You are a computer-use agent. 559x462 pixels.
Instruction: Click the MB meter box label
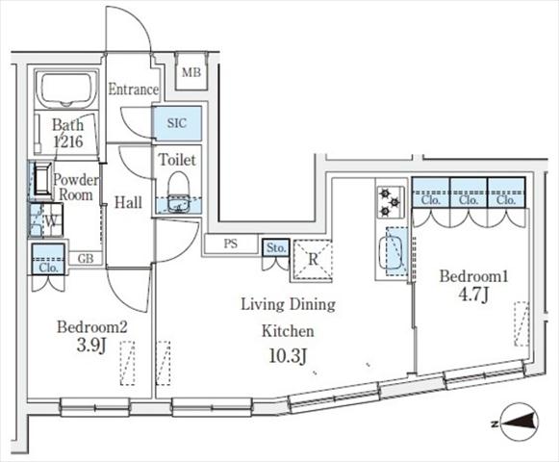tap(191, 73)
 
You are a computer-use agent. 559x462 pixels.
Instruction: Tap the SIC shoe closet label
tap(177, 123)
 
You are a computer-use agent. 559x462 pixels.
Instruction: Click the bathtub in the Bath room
tap(66, 89)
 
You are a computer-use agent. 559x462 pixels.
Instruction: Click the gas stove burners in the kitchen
tap(391, 203)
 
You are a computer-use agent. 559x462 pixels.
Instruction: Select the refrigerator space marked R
tap(313, 259)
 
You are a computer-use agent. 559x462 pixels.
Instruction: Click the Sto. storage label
tap(276, 247)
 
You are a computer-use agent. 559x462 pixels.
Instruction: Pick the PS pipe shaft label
tap(231, 244)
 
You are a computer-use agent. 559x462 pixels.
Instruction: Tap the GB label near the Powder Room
tap(86, 258)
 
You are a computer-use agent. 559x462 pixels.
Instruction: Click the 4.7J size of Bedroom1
tap(473, 295)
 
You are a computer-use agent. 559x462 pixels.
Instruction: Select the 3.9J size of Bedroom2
tap(91, 346)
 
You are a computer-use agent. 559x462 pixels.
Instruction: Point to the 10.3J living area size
tap(288, 356)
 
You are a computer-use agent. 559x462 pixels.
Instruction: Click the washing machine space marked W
tap(51, 221)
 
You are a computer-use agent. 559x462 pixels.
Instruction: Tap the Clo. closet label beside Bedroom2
tap(48, 268)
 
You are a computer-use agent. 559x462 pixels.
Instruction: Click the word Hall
tap(128, 203)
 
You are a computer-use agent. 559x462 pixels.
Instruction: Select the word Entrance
tap(134, 90)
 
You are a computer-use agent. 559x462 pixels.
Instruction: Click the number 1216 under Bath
tap(68, 141)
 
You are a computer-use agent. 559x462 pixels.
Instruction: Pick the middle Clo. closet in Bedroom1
tap(469, 200)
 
